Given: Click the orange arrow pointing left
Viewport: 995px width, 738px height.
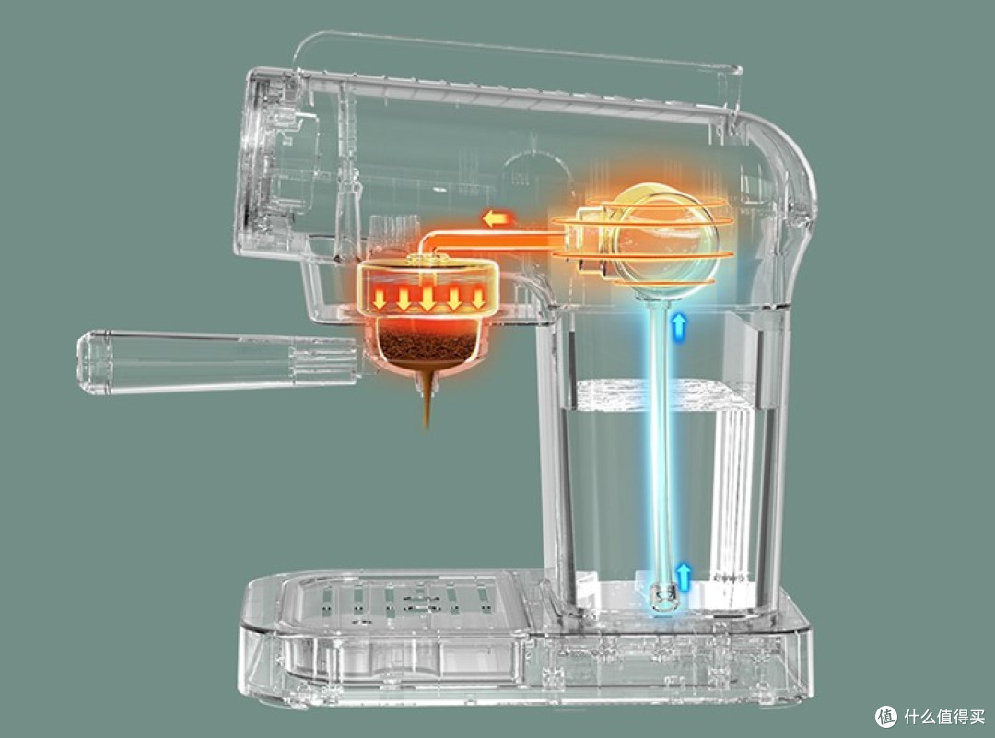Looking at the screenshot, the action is pyautogui.click(x=498, y=219).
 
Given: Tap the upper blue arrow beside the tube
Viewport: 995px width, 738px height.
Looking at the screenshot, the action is pyautogui.click(x=680, y=324).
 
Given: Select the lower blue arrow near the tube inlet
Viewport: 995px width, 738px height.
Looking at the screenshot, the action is pyautogui.click(x=683, y=575).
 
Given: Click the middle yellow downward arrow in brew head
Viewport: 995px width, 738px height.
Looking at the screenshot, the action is pyautogui.click(x=428, y=299).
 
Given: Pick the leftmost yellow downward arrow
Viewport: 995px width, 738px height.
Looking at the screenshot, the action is pyautogui.click(x=380, y=299).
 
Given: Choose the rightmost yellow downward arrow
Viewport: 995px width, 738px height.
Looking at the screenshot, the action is pyautogui.click(x=478, y=299).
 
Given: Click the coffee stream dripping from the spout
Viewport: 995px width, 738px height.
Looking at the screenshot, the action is pyautogui.click(x=428, y=399).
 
